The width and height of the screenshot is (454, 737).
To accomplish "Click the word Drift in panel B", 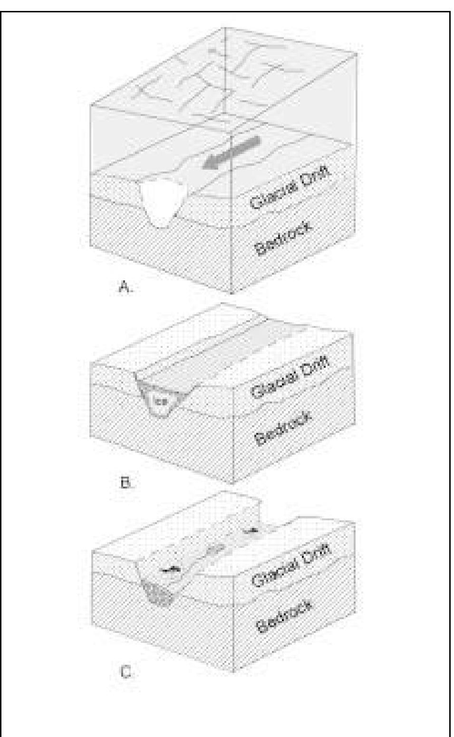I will pyautogui.click(x=317, y=363).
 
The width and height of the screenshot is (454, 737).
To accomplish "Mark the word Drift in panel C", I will pyautogui.click(x=318, y=553).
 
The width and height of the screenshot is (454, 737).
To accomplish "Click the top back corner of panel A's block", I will pyautogui.click(x=224, y=27).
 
